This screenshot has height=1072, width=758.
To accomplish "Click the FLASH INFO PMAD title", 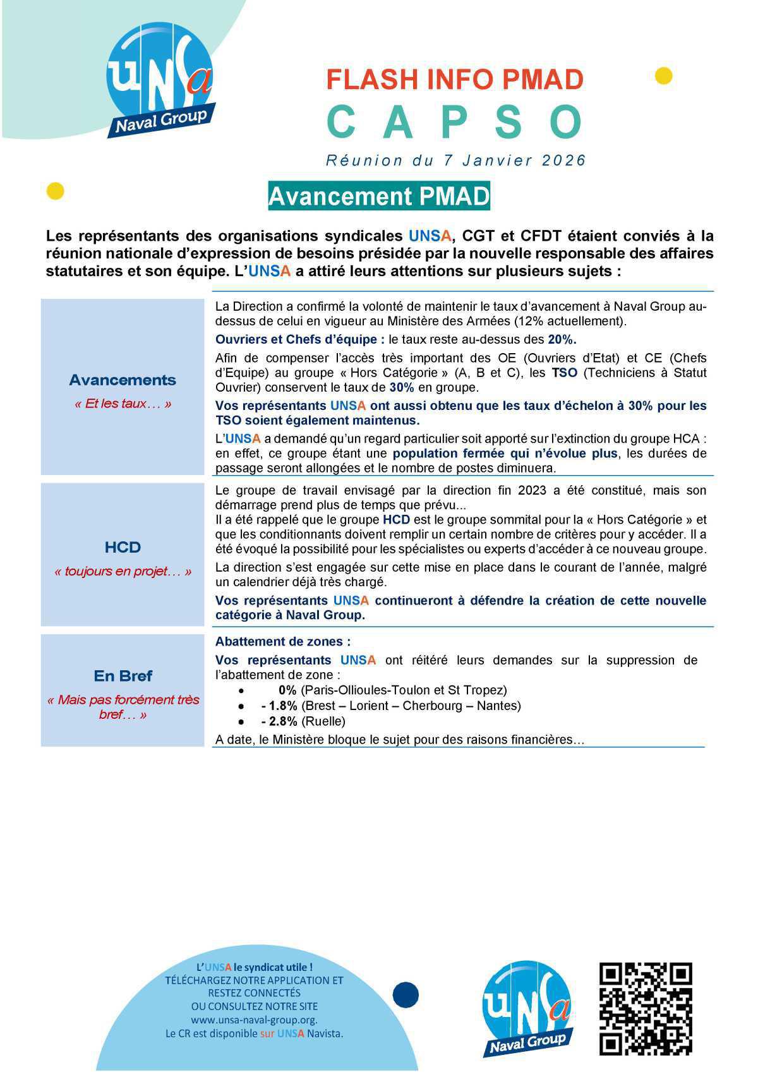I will [455, 80].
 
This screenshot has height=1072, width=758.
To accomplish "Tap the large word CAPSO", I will [455, 123].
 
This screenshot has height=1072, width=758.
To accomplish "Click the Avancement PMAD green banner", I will [379, 196].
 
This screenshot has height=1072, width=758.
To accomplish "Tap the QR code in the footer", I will [646, 1008].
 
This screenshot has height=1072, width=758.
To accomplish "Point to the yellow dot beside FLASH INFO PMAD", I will [663, 76].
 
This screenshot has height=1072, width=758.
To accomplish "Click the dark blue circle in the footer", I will [406, 995].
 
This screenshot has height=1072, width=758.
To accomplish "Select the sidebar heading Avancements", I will [123, 380].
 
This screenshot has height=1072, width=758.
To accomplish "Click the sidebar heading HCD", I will [123, 547].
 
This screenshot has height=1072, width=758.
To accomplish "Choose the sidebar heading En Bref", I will [123, 676].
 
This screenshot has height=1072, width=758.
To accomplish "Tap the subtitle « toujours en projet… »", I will [123, 572].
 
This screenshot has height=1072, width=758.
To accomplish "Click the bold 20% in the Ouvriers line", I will [562, 339].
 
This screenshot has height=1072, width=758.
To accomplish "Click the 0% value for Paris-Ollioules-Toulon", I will [287, 690].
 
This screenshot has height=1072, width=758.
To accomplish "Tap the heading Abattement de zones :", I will [282, 642].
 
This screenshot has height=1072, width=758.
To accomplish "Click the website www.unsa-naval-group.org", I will [254, 1020].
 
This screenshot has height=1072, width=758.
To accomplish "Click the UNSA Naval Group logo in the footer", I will [528, 1009].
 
